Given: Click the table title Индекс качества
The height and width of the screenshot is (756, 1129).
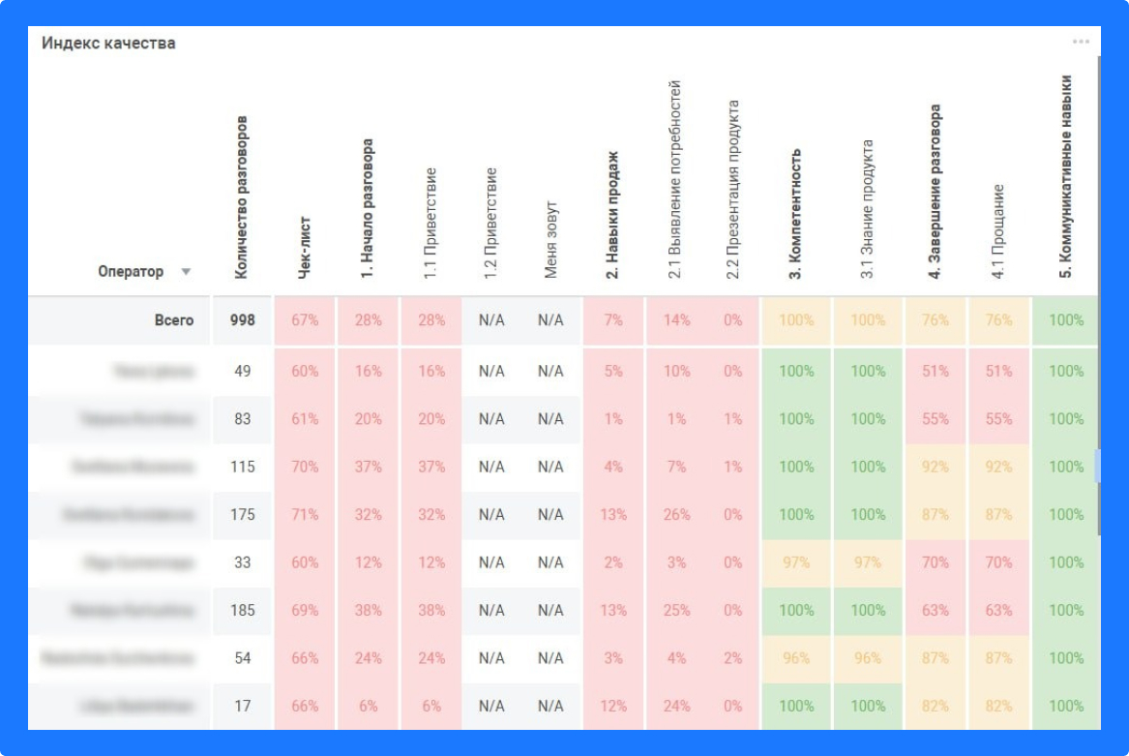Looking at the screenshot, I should click(x=108, y=44).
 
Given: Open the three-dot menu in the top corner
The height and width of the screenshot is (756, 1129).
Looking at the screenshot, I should click(x=1081, y=42).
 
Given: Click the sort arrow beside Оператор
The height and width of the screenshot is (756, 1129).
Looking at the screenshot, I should click(x=186, y=272).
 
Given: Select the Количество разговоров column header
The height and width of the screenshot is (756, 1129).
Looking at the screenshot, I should click(x=242, y=197).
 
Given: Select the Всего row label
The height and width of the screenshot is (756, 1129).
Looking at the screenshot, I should click(x=174, y=320).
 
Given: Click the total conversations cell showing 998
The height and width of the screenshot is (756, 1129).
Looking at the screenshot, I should click(x=242, y=320).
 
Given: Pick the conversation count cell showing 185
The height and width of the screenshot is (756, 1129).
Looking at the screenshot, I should click(x=242, y=610).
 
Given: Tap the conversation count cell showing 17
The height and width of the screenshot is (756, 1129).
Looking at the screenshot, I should click(x=242, y=706).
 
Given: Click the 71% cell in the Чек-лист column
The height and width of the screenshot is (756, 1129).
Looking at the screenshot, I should click(x=305, y=514).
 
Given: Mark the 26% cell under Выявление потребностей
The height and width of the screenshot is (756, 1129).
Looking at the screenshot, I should click(x=676, y=514).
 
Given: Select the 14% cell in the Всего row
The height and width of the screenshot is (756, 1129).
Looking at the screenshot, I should click(x=676, y=320).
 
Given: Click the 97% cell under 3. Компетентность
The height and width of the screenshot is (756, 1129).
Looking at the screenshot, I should click(x=796, y=562).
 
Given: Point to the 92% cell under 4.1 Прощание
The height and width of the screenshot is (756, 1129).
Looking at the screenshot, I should click(x=999, y=467).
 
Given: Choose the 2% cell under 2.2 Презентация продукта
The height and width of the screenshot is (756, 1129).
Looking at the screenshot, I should click(x=732, y=658).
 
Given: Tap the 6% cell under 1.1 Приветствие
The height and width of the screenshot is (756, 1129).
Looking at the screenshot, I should click(x=431, y=706).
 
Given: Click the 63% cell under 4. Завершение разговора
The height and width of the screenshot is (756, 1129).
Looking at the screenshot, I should click(x=936, y=610).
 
